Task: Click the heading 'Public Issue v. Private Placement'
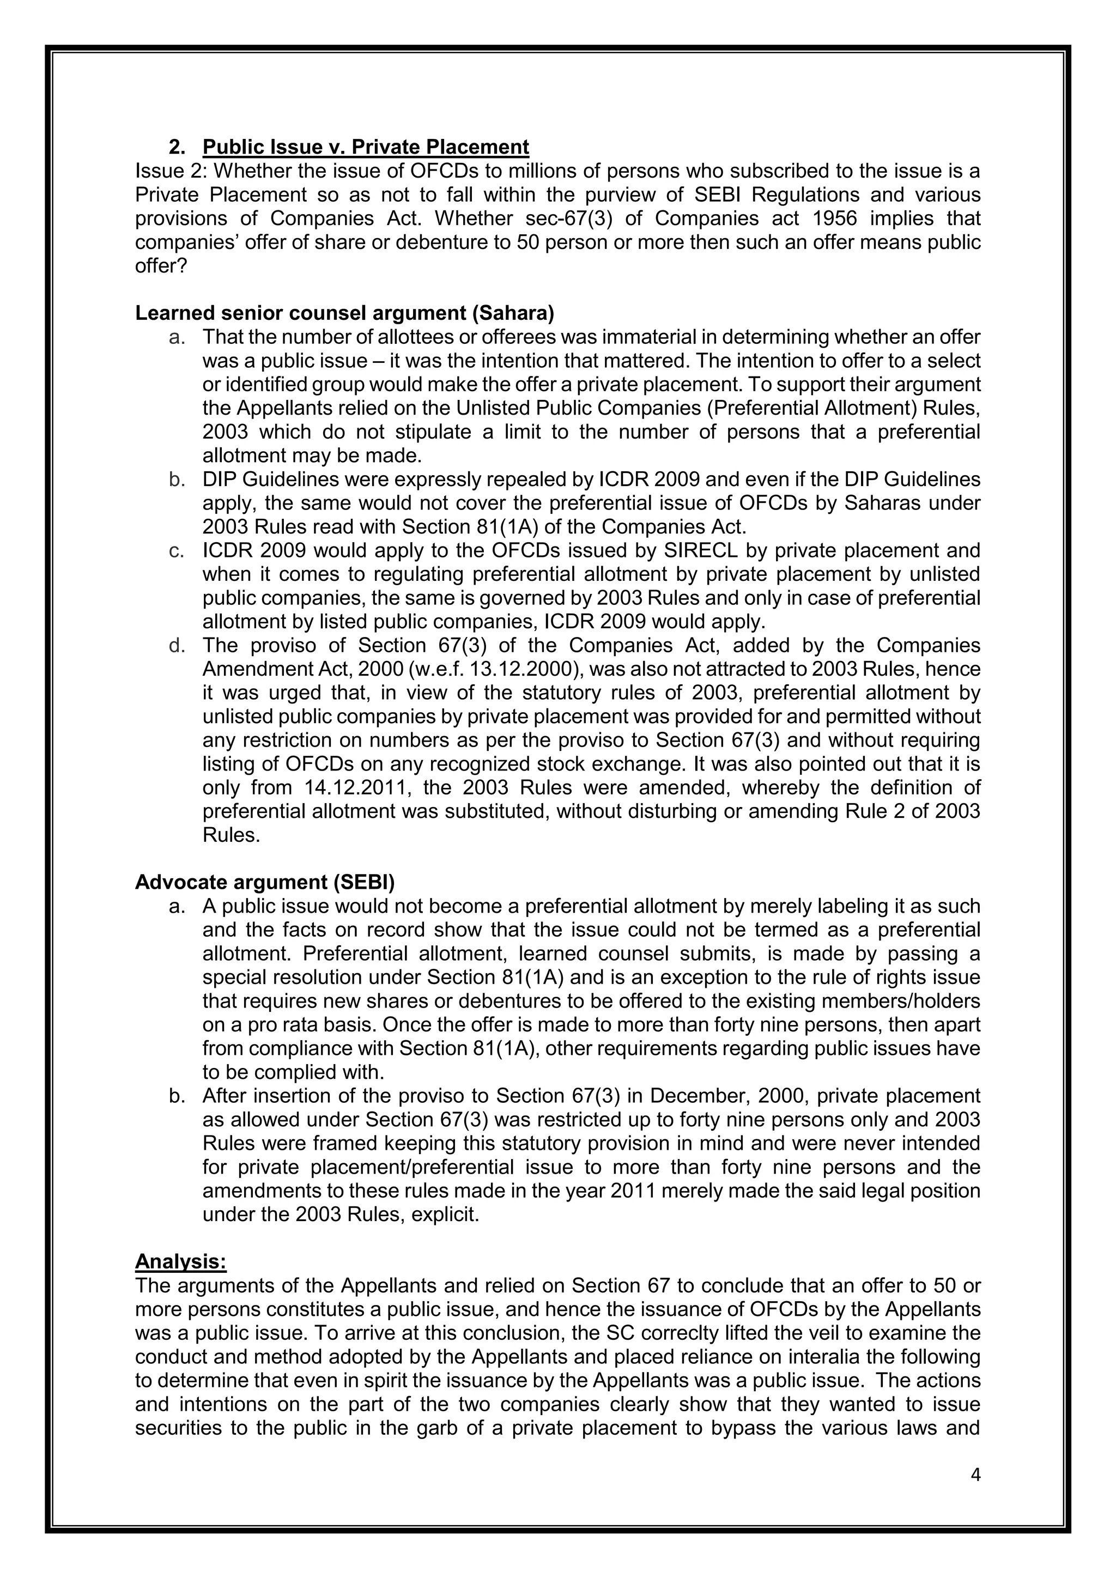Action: [366, 147]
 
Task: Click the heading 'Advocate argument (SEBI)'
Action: [265, 882]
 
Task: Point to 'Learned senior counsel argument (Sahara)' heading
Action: [344, 313]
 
